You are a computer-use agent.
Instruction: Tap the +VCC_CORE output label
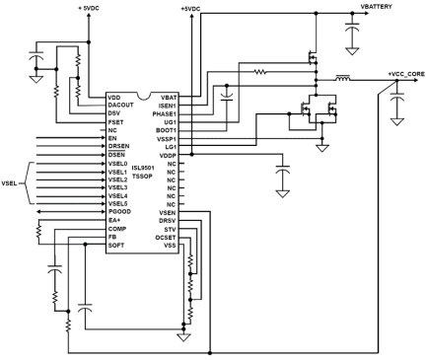coord(405,74)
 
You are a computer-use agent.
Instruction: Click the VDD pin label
coord(115,99)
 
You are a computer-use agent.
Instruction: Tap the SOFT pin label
coord(117,243)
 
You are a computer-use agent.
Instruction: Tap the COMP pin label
coord(117,227)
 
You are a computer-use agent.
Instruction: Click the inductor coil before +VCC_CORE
coord(345,77)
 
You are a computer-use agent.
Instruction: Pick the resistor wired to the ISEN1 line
coord(261,71)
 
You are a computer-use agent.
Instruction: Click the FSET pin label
coord(116,122)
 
